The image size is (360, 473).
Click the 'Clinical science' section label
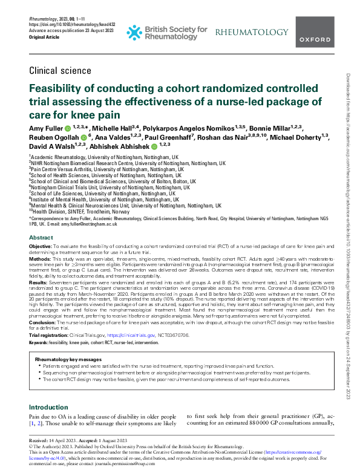57,70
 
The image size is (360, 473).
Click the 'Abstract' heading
41,238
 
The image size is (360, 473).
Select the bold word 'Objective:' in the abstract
41,247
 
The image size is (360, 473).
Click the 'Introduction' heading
49,407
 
